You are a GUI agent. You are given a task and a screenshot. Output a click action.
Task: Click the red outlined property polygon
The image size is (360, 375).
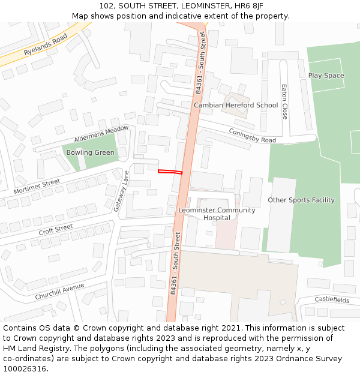coord(170,172)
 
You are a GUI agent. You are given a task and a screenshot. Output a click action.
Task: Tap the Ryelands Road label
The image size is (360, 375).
coord(46,45)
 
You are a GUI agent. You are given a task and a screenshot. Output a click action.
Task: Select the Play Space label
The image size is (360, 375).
coord(326,76)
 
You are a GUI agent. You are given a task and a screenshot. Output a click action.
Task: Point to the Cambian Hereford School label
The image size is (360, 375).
coord(236,105)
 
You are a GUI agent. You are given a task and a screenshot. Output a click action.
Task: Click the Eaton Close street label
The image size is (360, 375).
coord(285,101)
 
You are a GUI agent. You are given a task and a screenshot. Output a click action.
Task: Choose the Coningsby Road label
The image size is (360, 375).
coord(252,136)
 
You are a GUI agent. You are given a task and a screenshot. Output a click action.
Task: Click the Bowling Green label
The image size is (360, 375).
coord(91,152)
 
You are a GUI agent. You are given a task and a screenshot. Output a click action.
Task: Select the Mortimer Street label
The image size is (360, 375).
coord(37,186)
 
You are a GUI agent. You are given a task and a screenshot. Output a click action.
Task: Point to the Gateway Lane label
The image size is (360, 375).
coord(122,191)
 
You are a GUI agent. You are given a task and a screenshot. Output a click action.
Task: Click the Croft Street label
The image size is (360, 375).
coord(56,230)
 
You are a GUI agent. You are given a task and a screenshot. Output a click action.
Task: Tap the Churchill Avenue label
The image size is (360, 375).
coord(59,292)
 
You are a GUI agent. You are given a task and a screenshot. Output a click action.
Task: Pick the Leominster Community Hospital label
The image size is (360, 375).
coord(217,214)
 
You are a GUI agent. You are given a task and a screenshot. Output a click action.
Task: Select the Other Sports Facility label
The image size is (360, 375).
coord(301,200)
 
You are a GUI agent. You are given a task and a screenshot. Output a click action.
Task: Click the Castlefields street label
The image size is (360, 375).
coord(332,299)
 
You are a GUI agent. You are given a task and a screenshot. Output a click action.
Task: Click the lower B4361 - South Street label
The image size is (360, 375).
coord(175,265)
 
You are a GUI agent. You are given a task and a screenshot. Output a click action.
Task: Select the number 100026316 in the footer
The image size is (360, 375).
coord(23,368)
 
